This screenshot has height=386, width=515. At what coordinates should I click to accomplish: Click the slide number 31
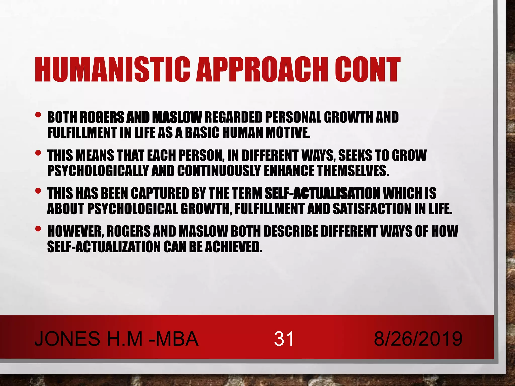[284, 339]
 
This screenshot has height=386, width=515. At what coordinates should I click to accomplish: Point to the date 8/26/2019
[418, 339]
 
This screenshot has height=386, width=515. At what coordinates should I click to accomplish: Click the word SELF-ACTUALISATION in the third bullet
[322, 194]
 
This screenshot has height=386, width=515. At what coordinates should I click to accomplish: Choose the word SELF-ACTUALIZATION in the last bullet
[104, 247]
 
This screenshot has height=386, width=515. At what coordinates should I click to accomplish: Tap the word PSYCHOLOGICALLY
[98, 171]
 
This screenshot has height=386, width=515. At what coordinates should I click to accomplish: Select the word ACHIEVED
[233, 247]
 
